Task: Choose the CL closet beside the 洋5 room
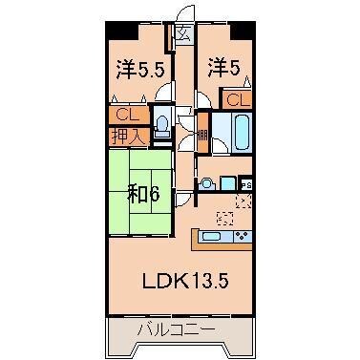click(238, 98)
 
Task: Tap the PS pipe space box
click(246, 184)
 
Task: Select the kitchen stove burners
click(241, 236)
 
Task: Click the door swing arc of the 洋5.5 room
click(164, 96)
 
